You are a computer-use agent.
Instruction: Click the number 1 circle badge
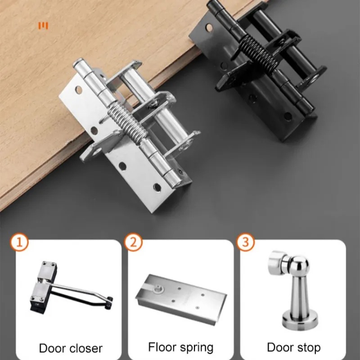coord(19,243)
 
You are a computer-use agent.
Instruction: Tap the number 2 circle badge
coord(133,243)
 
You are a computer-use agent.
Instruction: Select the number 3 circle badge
coord(245,242)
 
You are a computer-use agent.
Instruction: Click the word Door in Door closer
coord(53,348)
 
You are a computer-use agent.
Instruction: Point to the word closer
coord(86,348)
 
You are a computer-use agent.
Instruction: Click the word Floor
coord(162,346)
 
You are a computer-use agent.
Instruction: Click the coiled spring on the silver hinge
coord(128,122)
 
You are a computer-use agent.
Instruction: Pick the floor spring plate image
coord(181,299)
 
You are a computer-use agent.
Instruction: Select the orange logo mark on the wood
coord(43,26)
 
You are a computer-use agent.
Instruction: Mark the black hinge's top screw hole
coord(209,27)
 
